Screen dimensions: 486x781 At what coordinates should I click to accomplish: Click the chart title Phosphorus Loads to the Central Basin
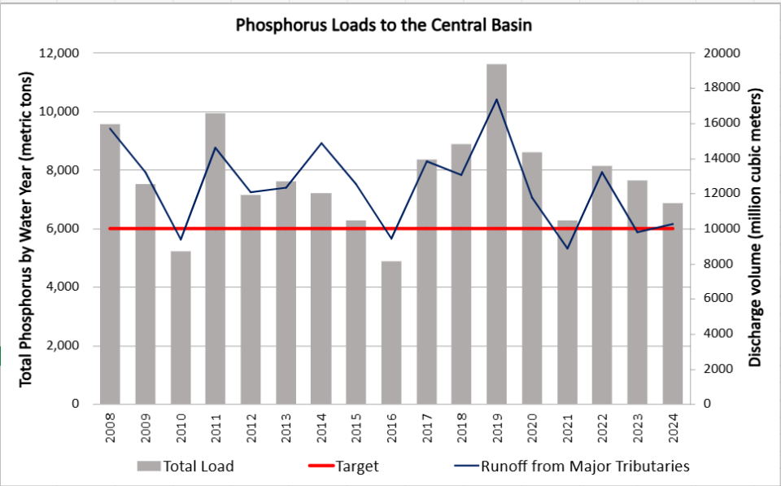coord(384,25)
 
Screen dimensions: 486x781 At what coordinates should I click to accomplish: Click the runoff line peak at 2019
coord(497,99)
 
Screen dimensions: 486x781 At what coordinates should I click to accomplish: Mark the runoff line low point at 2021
coord(567,248)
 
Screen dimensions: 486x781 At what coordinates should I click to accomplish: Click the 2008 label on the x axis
coord(111,426)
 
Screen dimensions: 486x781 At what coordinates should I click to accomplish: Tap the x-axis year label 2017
coord(426,426)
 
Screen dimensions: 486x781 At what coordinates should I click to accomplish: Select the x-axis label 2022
coord(602,426)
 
